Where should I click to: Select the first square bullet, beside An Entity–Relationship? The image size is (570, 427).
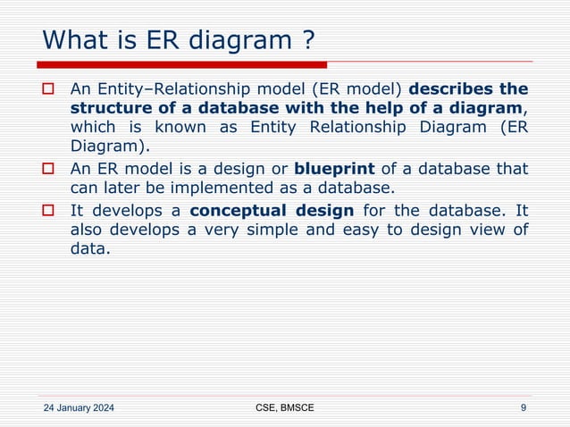click(50, 89)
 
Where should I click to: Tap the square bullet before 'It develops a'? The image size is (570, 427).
click(50, 211)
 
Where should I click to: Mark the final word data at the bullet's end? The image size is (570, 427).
click(89, 250)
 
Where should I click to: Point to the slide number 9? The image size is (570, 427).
click(523, 408)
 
